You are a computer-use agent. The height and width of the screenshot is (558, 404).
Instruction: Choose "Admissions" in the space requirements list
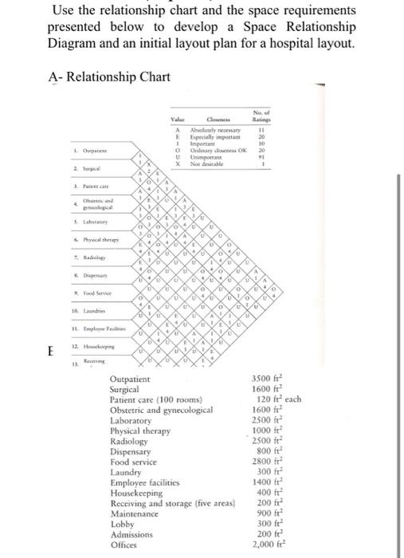pos(132,536)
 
